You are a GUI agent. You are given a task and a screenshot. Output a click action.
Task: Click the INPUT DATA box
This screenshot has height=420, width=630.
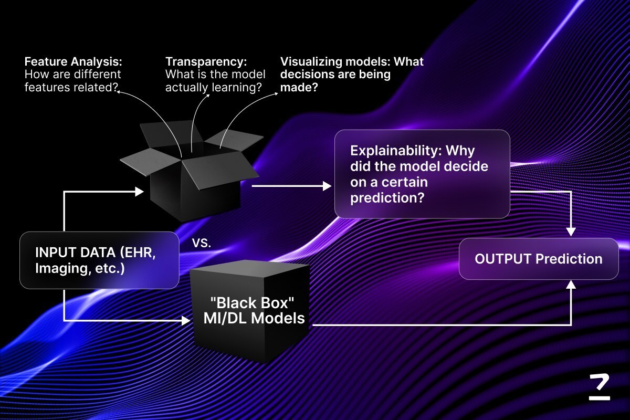click(x=99, y=260)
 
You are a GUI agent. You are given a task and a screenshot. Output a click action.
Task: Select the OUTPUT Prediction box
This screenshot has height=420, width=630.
click(x=539, y=259)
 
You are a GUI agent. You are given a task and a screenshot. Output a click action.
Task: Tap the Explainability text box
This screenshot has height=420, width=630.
click(x=422, y=174)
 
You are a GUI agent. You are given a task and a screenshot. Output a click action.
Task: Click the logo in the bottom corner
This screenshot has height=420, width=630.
click(x=599, y=388)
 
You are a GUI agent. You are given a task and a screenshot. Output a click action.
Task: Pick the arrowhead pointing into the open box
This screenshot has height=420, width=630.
click(x=139, y=192)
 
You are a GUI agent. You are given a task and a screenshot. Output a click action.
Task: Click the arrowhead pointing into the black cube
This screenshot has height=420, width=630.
click(x=185, y=320)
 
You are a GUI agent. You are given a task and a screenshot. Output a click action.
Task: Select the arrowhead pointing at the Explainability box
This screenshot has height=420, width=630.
click(x=328, y=186)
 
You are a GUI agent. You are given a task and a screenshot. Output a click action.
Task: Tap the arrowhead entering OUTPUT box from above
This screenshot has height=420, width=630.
click(x=572, y=232)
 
